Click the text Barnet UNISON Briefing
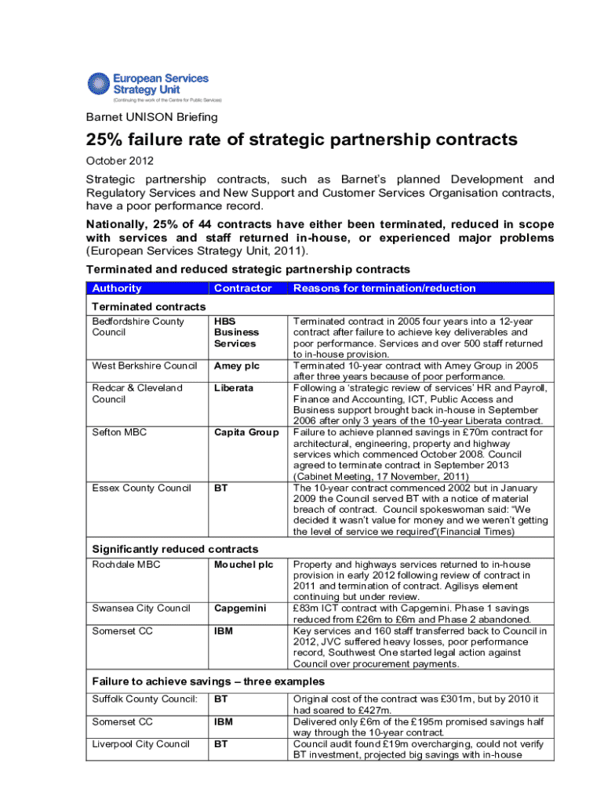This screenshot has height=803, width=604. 151,118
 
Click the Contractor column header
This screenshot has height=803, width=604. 242,288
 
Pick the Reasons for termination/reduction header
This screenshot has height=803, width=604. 384,288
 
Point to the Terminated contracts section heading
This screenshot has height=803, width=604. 149,306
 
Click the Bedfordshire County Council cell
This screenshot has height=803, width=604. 138,327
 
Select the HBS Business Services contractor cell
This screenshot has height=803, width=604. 235,332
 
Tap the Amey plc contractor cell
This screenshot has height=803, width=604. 237,365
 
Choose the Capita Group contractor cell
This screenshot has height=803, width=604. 246,432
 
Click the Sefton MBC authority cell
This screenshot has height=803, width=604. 119,432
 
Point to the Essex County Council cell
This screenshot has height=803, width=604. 141,488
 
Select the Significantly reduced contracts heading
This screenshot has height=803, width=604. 175,549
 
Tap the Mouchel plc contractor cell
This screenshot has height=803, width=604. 242,564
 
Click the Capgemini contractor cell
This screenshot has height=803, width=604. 240,608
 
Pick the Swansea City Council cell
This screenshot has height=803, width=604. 140,608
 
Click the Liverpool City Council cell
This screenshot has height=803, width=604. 140,743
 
